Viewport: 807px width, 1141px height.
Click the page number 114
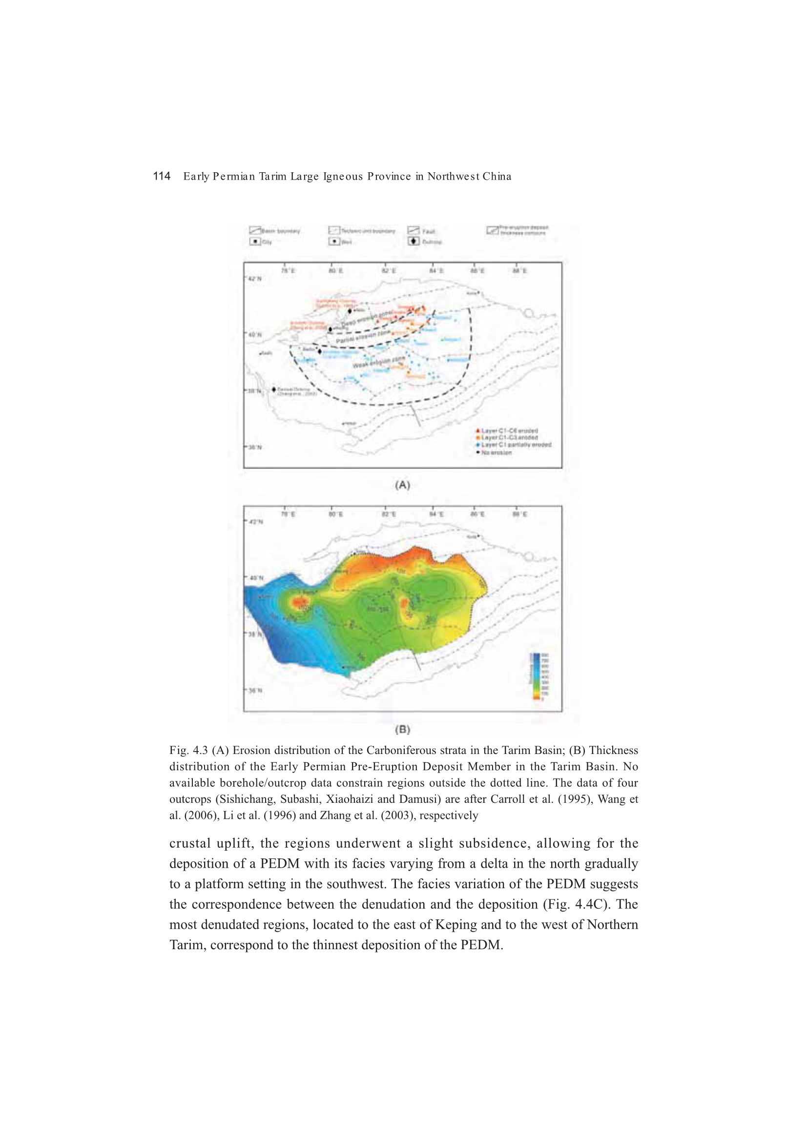point(162,176)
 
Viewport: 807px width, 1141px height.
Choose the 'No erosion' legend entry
point(496,452)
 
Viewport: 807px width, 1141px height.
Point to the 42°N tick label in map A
point(254,279)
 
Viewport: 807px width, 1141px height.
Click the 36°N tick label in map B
point(254,691)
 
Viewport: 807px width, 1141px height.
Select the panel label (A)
point(402,485)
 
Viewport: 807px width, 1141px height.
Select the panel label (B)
point(402,730)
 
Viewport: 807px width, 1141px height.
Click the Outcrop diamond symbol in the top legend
point(414,242)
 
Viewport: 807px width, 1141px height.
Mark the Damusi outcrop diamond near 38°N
point(274,389)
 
